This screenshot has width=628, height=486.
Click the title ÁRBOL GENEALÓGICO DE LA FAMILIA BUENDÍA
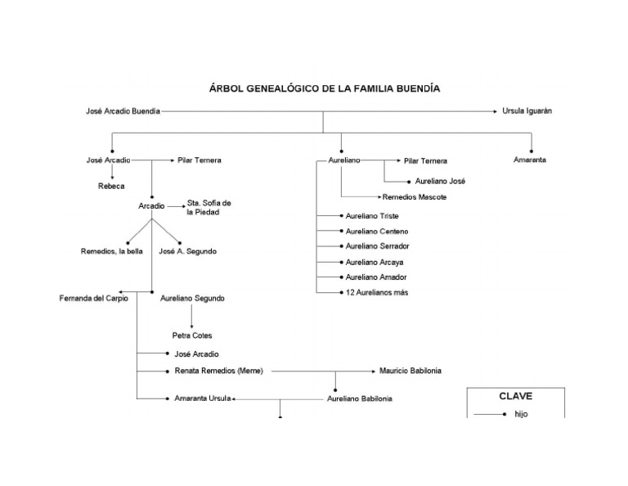click(324, 88)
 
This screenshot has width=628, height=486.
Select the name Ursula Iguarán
click(527, 110)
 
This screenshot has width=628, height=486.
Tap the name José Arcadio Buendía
click(123, 110)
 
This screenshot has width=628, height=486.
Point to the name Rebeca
click(111, 187)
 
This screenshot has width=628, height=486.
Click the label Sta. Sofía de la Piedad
click(209, 207)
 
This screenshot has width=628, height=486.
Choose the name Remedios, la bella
click(111, 251)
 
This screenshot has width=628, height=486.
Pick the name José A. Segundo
click(187, 251)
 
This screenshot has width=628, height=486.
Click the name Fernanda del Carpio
click(94, 299)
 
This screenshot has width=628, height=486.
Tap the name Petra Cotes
click(192, 335)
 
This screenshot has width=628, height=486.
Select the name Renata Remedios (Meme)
click(218, 371)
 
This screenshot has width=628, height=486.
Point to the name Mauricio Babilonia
click(410, 371)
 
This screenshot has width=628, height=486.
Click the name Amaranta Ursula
click(203, 398)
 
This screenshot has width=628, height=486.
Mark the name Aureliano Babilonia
click(359, 398)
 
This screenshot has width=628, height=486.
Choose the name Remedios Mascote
click(415, 197)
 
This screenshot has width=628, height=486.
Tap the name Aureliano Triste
click(372, 216)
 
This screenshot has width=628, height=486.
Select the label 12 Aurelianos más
click(376, 292)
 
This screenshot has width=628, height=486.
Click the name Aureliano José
click(440, 182)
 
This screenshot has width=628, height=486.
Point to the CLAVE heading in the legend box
click(515, 396)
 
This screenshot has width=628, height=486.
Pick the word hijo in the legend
click(522, 414)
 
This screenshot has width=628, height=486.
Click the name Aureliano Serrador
click(377, 246)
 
